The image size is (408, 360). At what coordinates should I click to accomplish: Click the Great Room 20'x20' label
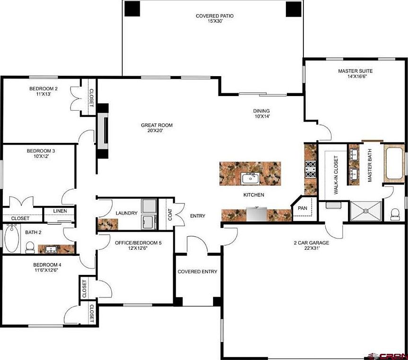(156, 128)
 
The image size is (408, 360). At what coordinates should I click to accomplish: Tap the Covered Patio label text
(214, 19)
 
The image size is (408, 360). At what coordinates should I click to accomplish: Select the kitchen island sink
(249, 178)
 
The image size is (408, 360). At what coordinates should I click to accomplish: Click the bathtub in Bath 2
(11, 240)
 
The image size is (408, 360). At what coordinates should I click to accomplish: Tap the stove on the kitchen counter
(310, 169)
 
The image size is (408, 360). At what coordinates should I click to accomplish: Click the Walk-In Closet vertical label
(336, 176)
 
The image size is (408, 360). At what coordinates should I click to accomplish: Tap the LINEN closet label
(60, 211)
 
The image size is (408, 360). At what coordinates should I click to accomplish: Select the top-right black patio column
(293, 8)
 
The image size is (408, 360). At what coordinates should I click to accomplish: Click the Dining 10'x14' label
(261, 114)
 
